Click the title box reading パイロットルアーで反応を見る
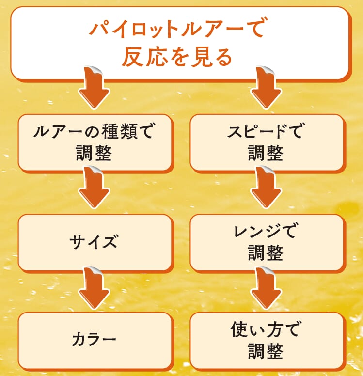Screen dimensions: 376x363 pos(179,43)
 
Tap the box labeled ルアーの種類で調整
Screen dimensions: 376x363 pos(95,142)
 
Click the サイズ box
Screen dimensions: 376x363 pos(95,242)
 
